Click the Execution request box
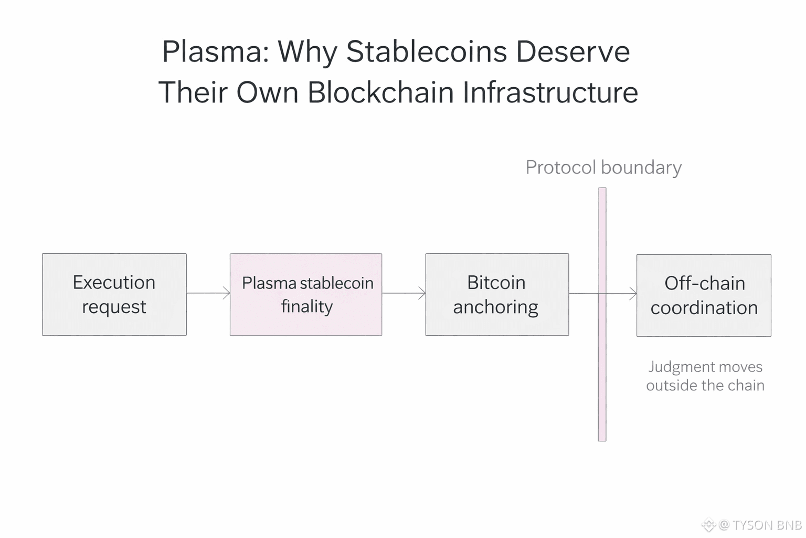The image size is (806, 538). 114,294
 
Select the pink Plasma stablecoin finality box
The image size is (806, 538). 306,295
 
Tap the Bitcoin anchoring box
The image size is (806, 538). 496,295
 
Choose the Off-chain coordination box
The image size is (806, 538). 704,295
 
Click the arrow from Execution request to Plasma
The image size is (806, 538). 208,293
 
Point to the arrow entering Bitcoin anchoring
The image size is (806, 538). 404,293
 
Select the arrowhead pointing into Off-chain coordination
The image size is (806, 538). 633,294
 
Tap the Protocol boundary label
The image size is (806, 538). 603,168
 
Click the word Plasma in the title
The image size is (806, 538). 215,51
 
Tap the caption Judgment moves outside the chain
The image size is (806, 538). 705,376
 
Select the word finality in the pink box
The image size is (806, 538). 307,306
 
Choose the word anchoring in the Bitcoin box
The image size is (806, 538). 495,307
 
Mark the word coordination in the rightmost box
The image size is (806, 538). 704,308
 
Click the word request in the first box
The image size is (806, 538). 114,307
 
